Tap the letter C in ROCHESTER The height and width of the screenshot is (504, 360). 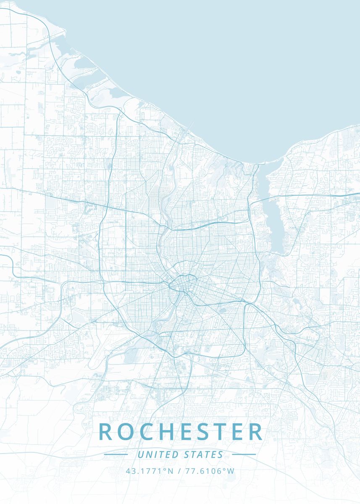tap(147, 432)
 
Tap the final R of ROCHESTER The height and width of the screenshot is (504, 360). tap(255, 432)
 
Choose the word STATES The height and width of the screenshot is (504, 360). tap(203, 454)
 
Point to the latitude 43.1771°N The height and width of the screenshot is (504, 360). tap(149, 471)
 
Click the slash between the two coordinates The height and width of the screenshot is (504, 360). tap(179, 471)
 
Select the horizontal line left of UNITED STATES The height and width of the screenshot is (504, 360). tap(116, 454)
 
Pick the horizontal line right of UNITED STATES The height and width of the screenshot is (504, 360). tap(244, 454)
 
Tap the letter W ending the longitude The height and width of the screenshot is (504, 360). tap(231, 471)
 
